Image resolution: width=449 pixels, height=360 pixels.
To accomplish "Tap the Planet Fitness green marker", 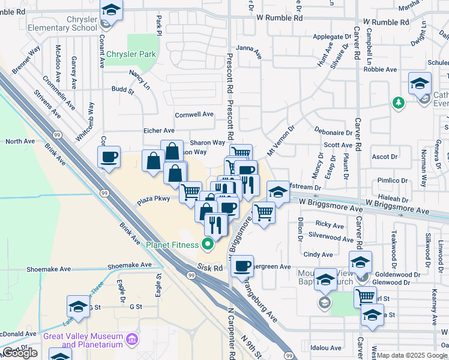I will coord(208,244).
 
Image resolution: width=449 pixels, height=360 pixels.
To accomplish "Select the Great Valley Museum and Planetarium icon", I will coord(133,341).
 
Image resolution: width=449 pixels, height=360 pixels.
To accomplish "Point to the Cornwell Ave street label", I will coord(194,115).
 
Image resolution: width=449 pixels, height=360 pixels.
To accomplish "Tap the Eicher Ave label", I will coord(158,130).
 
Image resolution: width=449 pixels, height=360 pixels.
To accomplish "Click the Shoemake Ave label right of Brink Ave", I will coord(129,265).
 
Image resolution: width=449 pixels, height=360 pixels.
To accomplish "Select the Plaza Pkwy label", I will coord(154,199).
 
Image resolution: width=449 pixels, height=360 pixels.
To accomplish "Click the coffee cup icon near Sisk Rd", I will coord(243,265).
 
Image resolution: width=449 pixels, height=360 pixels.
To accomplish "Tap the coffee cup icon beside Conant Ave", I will coord(109,157).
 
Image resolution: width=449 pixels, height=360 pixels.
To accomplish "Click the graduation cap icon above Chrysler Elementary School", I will coord(111,10).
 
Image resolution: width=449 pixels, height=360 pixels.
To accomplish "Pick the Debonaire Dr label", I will coord(333,132).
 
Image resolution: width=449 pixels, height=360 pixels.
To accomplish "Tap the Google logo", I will coord(20,353).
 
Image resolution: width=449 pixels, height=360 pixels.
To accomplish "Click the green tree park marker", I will coord(397,103).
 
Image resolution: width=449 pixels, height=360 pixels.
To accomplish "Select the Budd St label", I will coord(122,90).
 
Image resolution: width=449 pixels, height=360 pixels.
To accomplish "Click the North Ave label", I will coord(20,142).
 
